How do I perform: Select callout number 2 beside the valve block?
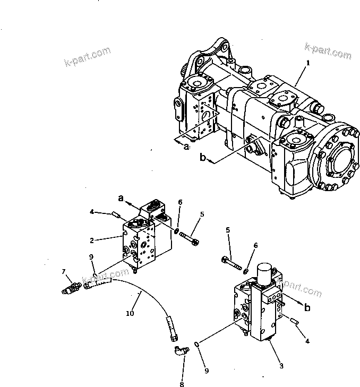pyautogui.click(x=92, y=240)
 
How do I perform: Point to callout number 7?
pyautogui.click(x=64, y=272)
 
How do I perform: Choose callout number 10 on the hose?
pyautogui.click(x=130, y=314)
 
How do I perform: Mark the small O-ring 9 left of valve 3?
pyautogui.click(x=196, y=345)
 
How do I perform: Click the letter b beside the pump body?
pyautogui.click(x=202, y=158)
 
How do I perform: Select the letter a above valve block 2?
pyautogui.click(x=121, y=197)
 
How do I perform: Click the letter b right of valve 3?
pyautogui.click(x=307, y=307)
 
